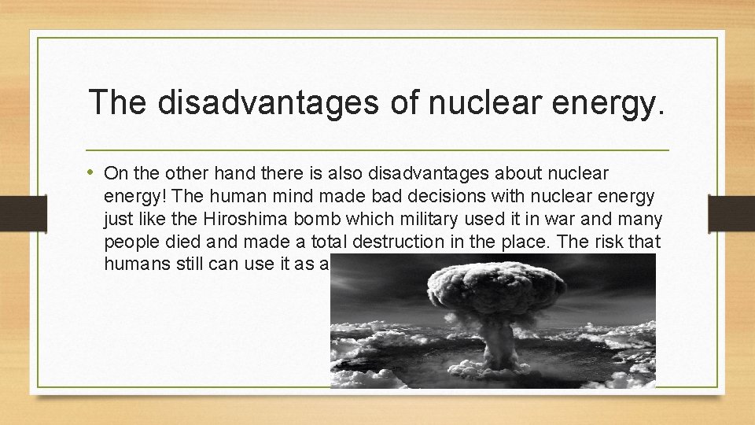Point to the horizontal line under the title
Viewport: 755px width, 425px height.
pos(377,150)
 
